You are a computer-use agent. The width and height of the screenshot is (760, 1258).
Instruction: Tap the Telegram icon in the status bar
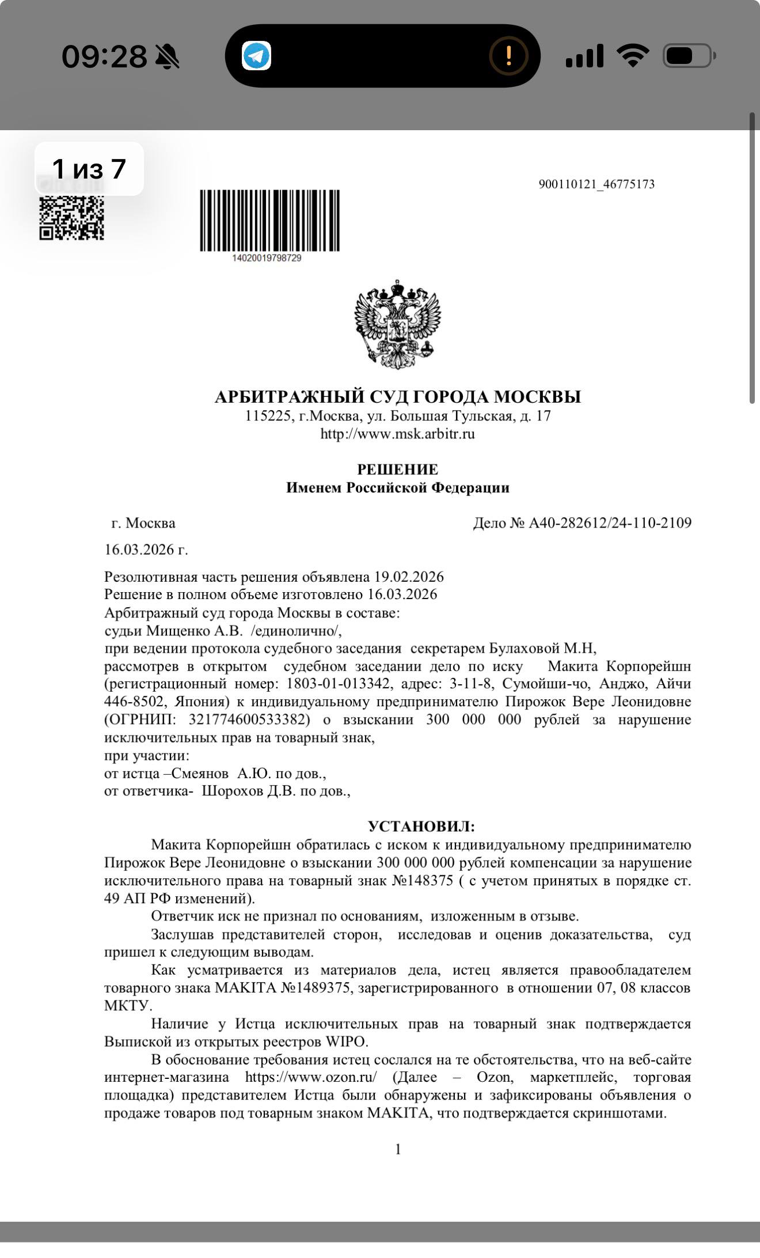[256, 56]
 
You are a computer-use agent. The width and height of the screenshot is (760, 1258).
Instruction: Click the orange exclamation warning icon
[508, 56]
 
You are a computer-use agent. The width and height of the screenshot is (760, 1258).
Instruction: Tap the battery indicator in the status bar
[689, 56]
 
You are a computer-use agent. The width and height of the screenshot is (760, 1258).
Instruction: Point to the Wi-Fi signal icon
[633, 56]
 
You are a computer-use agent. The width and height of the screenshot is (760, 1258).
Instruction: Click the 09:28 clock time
[104, 56]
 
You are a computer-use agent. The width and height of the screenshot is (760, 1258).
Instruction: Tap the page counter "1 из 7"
[89, 169]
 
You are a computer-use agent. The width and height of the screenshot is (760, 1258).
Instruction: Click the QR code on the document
[71, 218]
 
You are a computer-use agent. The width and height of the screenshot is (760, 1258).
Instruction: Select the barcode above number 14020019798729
[269, 221]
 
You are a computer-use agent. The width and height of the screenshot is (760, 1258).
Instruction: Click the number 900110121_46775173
[596, 184]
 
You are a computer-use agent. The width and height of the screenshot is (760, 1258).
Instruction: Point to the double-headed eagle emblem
[397, 324]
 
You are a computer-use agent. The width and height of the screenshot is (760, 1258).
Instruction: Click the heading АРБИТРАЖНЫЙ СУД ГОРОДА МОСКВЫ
[397, 397]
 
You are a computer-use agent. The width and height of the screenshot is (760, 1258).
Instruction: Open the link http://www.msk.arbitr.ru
[397, 434]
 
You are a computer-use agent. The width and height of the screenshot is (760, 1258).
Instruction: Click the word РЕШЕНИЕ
[397, 469]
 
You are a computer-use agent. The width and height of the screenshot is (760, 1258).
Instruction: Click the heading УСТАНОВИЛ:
[421, 827]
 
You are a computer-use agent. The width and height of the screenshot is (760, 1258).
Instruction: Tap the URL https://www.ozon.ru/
[311, 1077]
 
